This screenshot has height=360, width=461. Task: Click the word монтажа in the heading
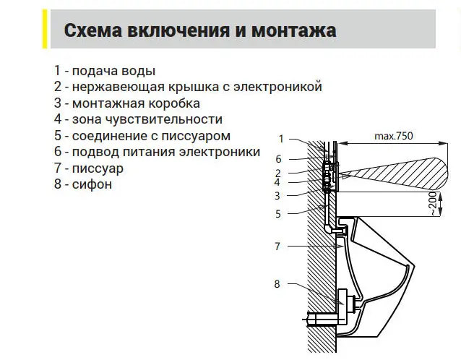293,30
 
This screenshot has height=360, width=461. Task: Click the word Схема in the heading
93,30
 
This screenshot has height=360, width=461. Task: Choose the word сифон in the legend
92,184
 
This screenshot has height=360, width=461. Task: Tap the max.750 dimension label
393,136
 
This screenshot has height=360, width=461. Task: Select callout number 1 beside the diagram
281,139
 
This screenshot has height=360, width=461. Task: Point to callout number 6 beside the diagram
278,159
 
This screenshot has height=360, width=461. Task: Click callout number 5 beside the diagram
278,214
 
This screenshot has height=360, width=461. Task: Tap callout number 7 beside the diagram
277,247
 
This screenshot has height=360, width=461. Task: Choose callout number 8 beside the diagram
277,284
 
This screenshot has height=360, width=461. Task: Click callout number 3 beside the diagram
277,196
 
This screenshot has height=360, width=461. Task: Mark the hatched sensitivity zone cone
394,174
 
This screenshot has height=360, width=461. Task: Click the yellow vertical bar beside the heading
45,29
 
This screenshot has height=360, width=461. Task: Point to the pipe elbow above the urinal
328,228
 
